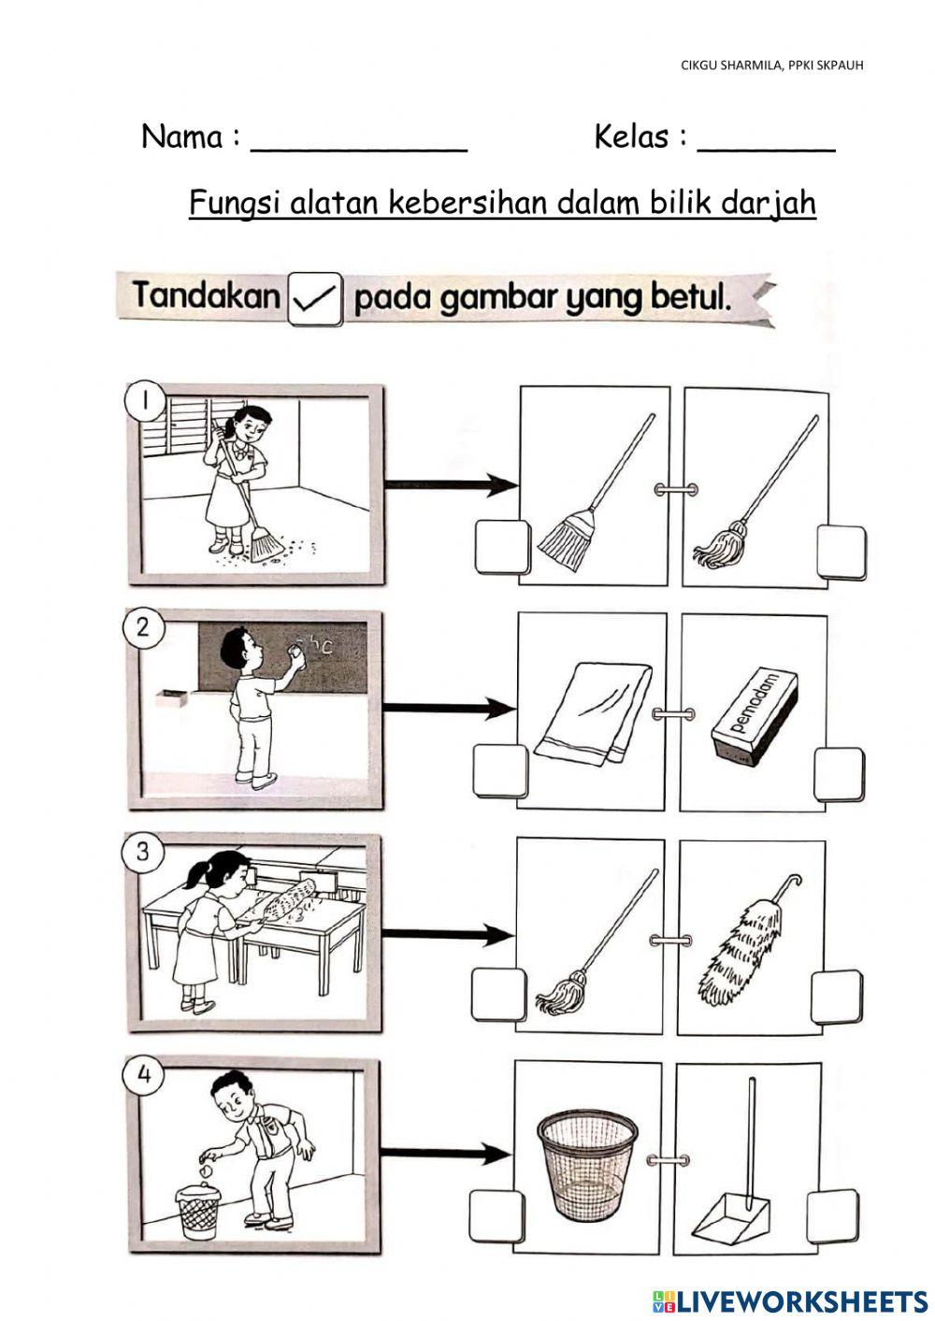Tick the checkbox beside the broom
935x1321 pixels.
pos(501,548)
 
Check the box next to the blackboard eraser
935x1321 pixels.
pos(839,775)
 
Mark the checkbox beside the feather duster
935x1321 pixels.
pos(837,998)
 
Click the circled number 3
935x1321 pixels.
pos(142,853)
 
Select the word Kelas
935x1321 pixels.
pos(631,136)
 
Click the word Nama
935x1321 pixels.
pos(182,136)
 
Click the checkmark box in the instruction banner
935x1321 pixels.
pos(316,299)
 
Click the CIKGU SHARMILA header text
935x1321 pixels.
pos(772,65)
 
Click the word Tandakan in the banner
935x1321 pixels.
pos(207,294)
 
